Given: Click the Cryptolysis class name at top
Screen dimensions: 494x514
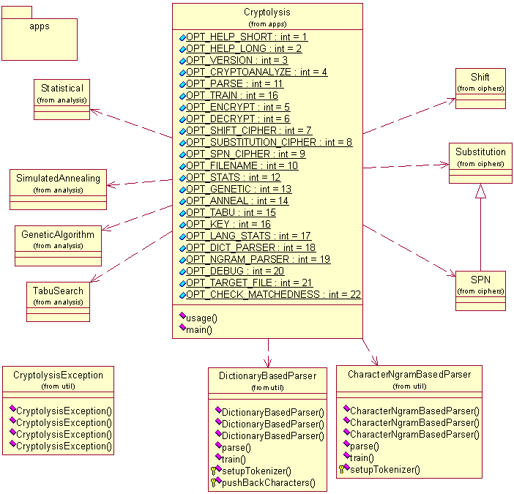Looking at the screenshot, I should tap(267, 12).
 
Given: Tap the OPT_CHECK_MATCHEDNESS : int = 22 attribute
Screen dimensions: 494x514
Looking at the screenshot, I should tap(273, 294).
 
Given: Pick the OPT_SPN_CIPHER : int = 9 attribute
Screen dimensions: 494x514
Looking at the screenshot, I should tap(245, 154).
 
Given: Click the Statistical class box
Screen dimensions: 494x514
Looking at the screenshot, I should tap(62, 98).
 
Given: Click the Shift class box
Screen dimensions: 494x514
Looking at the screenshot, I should tap(480, 88).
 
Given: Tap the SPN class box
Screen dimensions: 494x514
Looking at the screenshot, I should tap(480, 290).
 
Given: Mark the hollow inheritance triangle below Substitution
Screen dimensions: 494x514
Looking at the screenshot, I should tap(480, 191).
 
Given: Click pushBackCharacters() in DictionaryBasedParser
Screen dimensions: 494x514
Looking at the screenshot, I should tap(268, 482).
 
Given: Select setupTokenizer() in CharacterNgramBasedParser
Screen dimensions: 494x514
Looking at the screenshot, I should tap(385, 470).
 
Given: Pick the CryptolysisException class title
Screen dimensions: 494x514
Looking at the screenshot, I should tap(58, 375).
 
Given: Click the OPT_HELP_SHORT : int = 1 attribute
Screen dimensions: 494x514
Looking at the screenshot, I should tap(247, 37).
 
